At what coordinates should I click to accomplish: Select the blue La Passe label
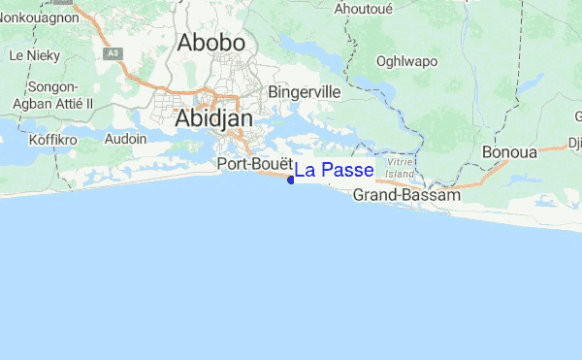pyautogui.click(x=334, y=171)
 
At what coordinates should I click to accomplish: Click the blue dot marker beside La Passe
pyautogui.click(x=291, y=179)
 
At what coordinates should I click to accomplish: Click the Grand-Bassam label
pyautogui.click(x=405, y=195)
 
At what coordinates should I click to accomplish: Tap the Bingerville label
pyautogui.click(x=304, y=92)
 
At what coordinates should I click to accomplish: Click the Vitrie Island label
pyautogui.click(x=400, y=168)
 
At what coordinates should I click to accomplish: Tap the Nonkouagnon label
pyautogui.click(x=38, y=16)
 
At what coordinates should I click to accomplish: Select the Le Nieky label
pyautogui.click(x=29, y=56)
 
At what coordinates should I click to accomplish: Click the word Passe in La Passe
pyautogui.click(x=347, y=171)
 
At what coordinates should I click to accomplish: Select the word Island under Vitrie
pyautogui.click(x=400, y=175)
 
